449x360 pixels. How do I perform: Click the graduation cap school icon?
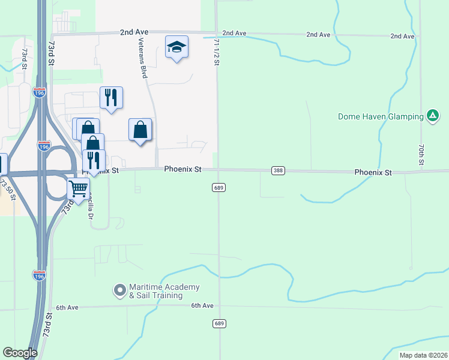pyautogui.click(x=176, y=47)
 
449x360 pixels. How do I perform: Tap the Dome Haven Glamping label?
pyautogui.click(x=381, y=116)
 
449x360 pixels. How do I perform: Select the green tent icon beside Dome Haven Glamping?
pyautogui.click(x=432, y=116)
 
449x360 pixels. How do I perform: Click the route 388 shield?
pyautogui.click(x=277, y=171)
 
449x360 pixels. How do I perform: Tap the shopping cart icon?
pyautogui.click(x=78, y=188)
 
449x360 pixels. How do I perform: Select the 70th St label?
pyautogui.click(x=422, y=155)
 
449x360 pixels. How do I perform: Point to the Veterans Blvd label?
pyautogui.click(x=143, y=64)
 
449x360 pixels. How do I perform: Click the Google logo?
pyautogui.click(x=20, y=353)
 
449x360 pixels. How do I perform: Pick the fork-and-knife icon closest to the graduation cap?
pyautogui.click(x=110, y=97)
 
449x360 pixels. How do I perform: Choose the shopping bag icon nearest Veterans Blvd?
pyautogui.click(x=140, y=129)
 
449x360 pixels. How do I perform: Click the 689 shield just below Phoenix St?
pyautogui.click(x=218, y=188)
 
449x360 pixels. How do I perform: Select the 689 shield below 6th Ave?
pyautogui.click(x=218, y=323)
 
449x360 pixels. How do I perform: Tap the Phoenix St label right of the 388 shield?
pyautogui.click(x=373, y=172)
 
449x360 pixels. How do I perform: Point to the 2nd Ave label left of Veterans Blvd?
pyautogui.click(x=133, y=32)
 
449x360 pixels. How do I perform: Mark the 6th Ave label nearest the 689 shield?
pyautogui.click(x=202, y=305)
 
